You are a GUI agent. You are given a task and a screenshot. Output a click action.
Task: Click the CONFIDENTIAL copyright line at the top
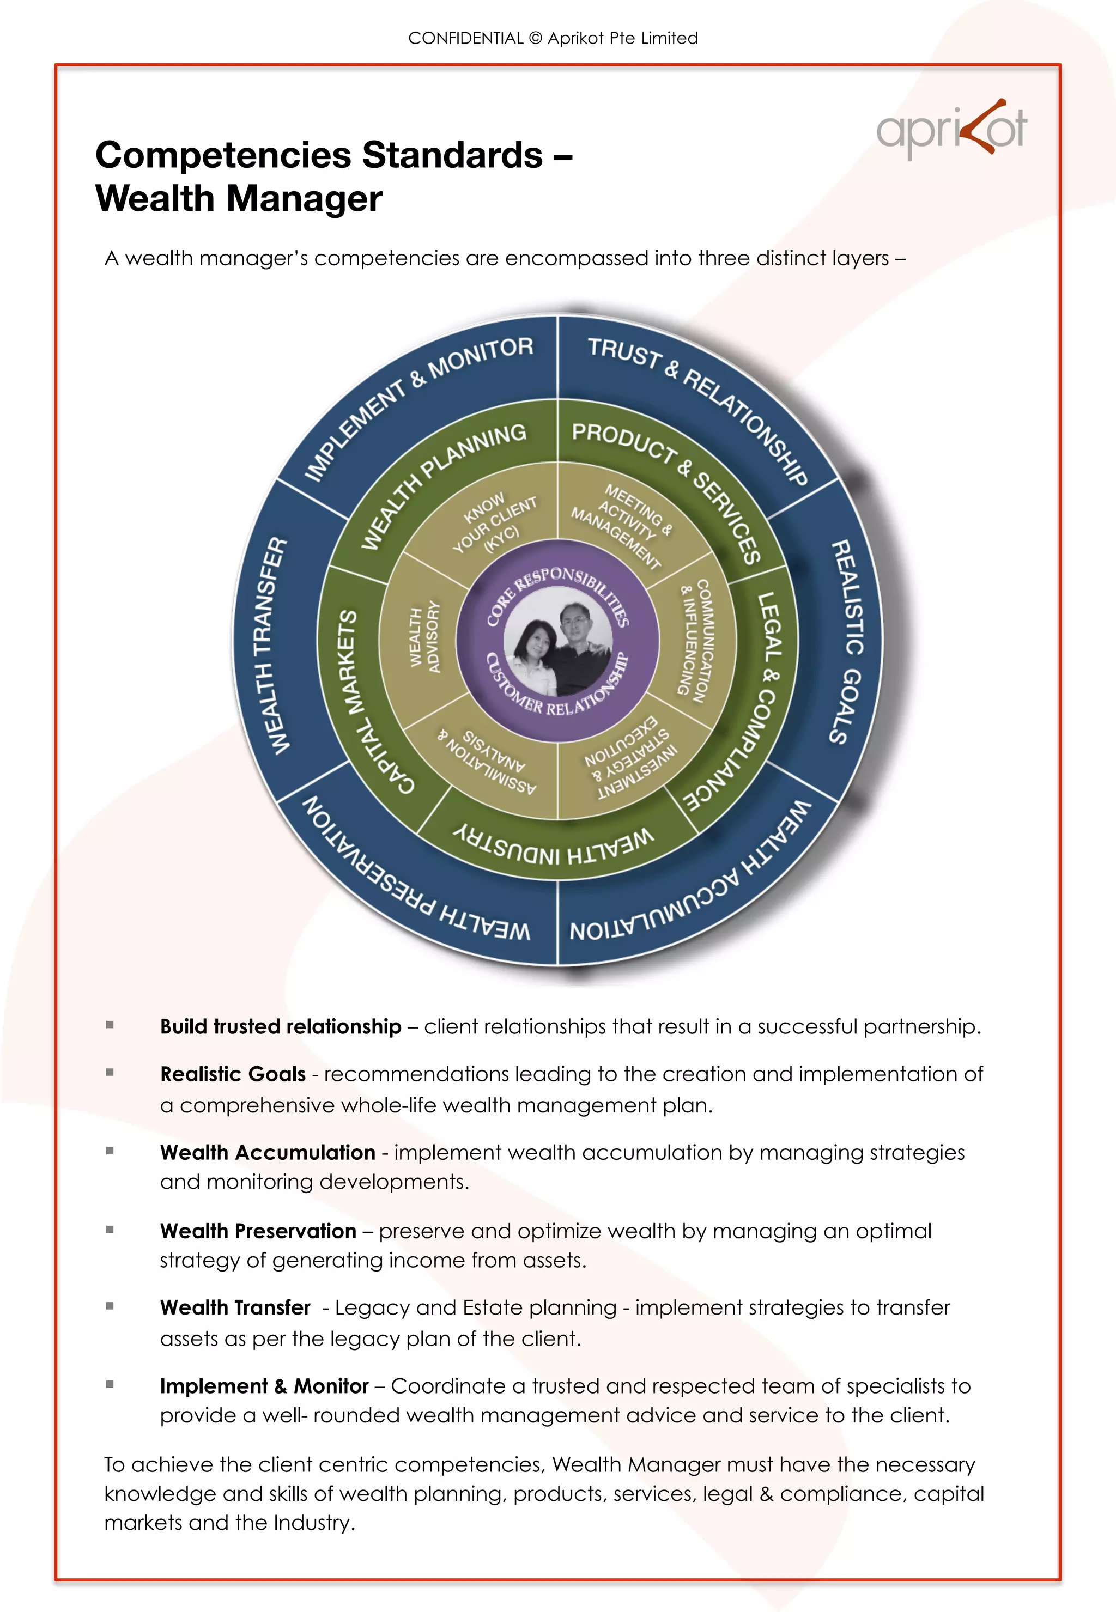pos(553,39)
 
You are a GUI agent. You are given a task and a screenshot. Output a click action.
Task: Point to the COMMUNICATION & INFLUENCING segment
pos(694,639)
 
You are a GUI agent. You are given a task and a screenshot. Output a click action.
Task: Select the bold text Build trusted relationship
pos(281,1026)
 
